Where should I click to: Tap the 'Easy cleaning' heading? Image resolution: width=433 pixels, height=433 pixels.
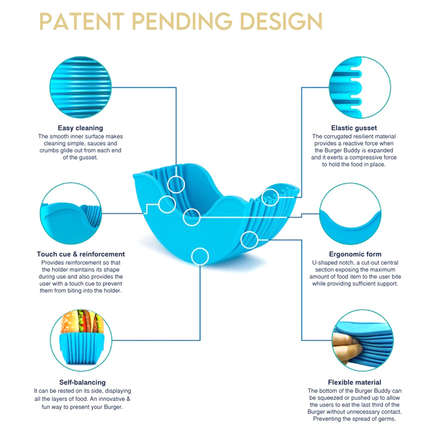click(x=80, y=128)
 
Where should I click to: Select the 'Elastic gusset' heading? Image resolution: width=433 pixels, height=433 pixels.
click(x=354, y=128)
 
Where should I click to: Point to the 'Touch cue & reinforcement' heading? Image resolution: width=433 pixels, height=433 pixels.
click(x=81, y=254)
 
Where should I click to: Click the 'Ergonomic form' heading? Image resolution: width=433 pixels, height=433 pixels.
click(x=355, y=254)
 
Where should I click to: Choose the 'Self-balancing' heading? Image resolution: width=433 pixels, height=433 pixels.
click(x=82, y=382)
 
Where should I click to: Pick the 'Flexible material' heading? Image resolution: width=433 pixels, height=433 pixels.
click(x=355, y=382)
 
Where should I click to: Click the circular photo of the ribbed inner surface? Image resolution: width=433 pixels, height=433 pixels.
click(x=80, y=87)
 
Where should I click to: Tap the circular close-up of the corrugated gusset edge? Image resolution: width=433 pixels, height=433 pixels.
click(x=360, y=87)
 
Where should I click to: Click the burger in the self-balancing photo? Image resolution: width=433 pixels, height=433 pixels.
click(x=82, y=322)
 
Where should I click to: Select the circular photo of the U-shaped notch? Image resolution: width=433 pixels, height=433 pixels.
click(x=350, y=213)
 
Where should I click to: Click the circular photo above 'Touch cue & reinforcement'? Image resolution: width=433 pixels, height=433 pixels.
click(x=71, y=213)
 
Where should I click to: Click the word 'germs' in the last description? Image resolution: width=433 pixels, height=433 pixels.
click(x=386, y=419)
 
